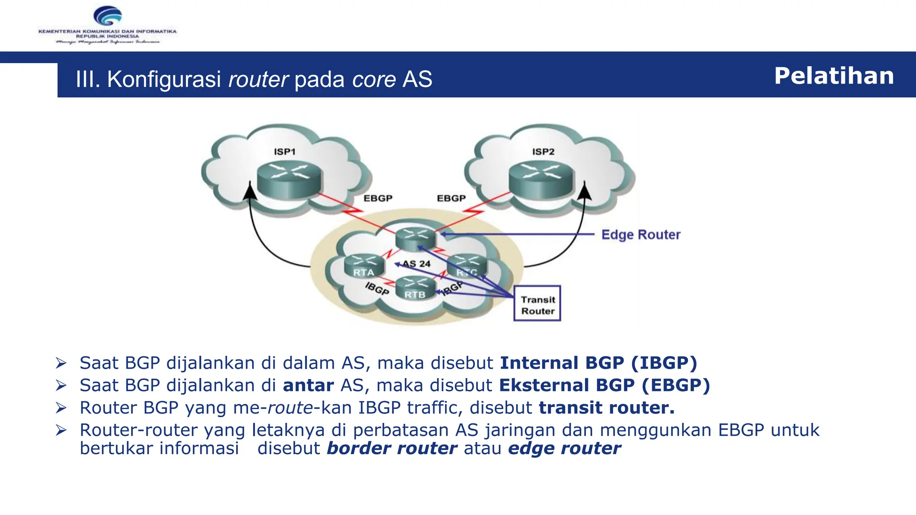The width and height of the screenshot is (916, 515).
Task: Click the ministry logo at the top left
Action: pos(107,25)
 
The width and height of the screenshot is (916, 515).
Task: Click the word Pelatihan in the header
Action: pos(834,76)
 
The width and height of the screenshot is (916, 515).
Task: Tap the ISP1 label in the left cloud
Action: pos(284,152)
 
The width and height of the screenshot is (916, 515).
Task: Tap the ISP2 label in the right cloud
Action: pos(543,152)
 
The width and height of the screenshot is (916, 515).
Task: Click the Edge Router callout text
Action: pos(640,235)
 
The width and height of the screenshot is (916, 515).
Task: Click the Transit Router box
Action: pos(537,304)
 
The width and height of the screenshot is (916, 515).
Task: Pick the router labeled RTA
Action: pos(364,266)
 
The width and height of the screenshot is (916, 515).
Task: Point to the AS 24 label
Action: pos(416,264)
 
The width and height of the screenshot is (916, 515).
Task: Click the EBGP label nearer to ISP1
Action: pos(377,198)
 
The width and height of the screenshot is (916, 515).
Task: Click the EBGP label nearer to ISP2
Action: pos(451,198)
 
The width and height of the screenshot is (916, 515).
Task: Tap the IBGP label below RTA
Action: pos(377,289)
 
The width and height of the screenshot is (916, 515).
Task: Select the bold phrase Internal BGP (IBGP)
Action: pos(598,363)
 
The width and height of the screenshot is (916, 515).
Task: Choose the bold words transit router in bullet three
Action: pos(606,408)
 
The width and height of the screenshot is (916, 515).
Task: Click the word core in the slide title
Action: pos(374,80)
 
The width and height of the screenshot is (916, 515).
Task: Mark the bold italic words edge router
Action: pos(564,448)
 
